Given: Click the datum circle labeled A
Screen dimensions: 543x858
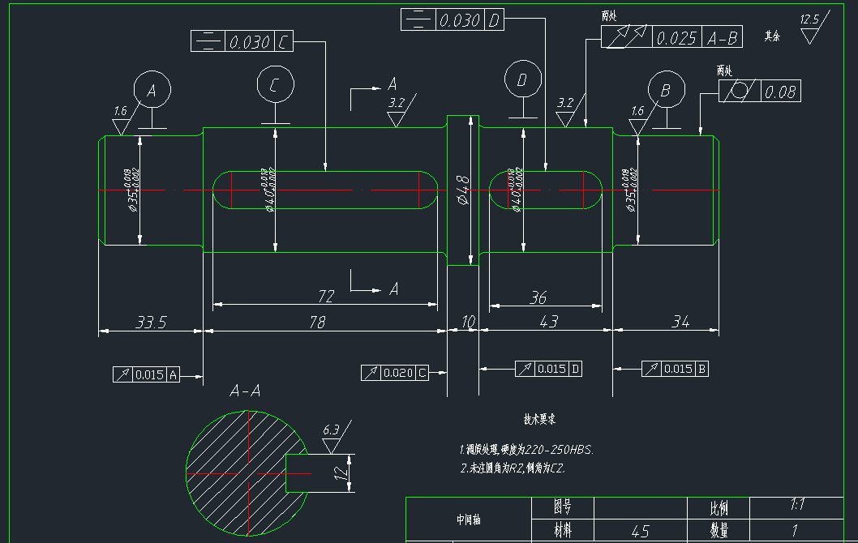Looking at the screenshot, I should (152, 90).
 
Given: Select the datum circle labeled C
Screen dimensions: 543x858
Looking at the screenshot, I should (276, 84).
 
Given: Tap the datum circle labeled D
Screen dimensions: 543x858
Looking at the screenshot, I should (523, 79).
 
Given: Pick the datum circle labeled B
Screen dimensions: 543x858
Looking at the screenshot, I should (667, 90).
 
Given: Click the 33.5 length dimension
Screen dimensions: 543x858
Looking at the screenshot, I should (151, 323).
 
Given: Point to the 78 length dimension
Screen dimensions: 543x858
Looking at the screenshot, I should (317, 323).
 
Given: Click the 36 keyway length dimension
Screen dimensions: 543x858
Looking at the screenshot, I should (538, 298).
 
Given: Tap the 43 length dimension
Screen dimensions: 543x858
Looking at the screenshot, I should (549, 323).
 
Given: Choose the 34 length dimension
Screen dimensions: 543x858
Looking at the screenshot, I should (680, 323).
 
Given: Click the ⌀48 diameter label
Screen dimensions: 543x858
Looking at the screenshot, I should (463, 189).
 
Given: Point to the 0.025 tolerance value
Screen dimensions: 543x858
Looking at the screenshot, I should (676, 38).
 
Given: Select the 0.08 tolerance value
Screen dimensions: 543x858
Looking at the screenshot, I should (780, 92).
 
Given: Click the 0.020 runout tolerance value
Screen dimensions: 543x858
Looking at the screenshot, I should (398, 373).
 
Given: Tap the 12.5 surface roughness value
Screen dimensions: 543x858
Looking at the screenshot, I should (809, 19).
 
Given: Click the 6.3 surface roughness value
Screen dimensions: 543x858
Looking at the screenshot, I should (331, 430).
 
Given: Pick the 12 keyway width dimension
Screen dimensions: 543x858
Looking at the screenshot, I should (341, 472).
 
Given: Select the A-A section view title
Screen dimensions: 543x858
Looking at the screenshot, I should (245, 391).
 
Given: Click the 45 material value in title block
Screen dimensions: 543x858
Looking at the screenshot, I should (640, 532).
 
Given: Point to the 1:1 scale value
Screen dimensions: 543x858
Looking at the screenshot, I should (797, 505).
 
